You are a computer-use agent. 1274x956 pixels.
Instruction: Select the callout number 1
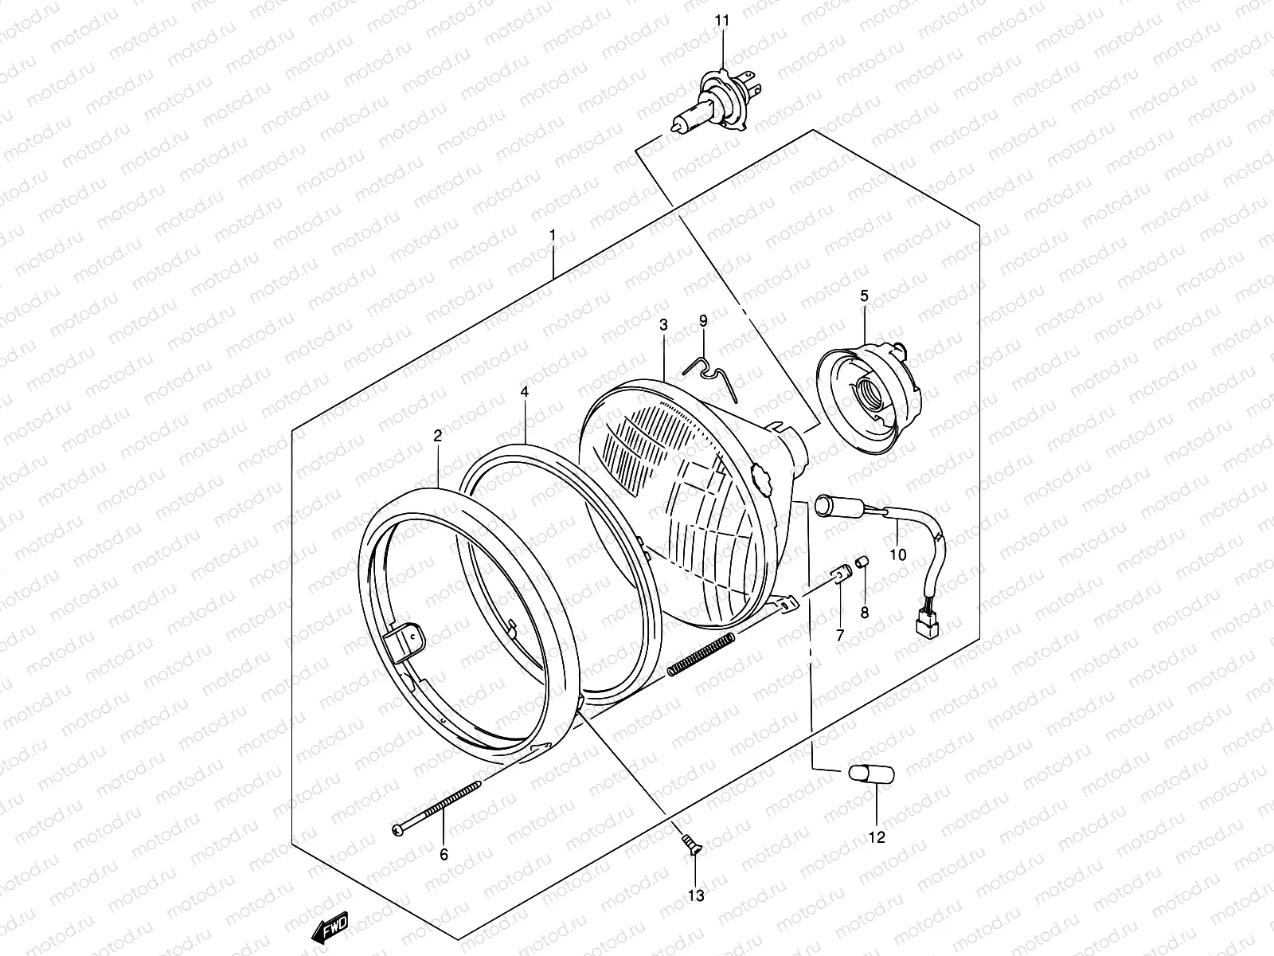552,236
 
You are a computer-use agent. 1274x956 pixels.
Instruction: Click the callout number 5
865,296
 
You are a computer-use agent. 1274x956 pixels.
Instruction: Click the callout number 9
703,321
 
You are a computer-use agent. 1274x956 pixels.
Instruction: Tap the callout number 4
525,392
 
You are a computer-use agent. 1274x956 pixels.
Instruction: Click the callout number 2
437,435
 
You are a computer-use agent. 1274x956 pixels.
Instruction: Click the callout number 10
897,555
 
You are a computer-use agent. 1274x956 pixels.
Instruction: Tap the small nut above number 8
861,563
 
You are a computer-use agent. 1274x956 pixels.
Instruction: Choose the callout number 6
444,854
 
